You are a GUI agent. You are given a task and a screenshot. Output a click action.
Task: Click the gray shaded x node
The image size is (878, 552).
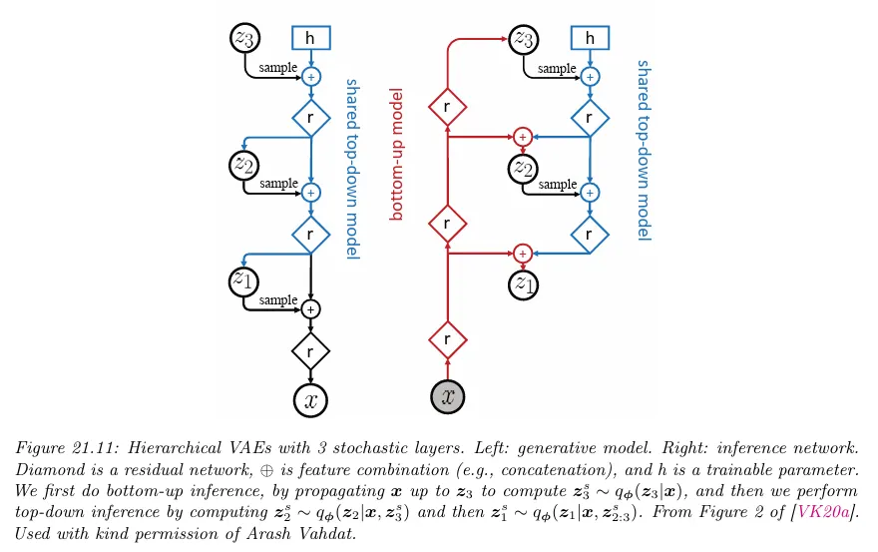[x=447, y=397]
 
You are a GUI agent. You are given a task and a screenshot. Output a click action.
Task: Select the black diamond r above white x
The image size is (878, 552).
[x=311, y=350]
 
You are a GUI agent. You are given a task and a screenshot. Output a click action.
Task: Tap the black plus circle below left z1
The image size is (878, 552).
[x=311, y=309]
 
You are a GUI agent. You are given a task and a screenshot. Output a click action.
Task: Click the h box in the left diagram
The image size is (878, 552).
[x=310, y=38]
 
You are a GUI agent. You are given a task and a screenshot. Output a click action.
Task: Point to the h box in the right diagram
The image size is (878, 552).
[x=590, y=38]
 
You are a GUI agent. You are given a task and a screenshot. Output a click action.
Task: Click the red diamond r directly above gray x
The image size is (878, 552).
[x=447, y=340]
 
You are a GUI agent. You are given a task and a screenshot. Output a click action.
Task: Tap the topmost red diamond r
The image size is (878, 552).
[x=447, y=105]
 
